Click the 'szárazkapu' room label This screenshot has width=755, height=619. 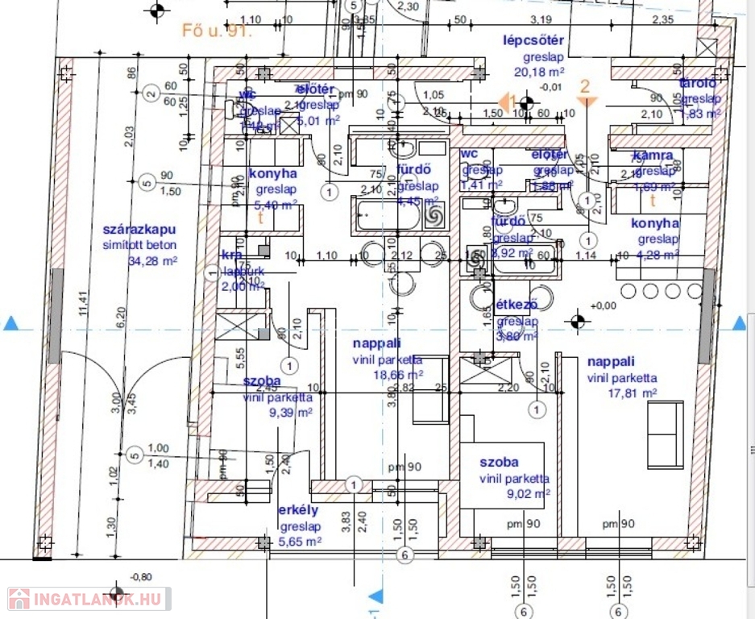coord(139,230)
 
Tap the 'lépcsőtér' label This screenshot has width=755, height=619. coord(533,41)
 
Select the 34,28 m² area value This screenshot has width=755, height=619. coord(151,261)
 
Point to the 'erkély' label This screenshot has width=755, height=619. coord(298,510)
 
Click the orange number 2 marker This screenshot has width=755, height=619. coord(586,85)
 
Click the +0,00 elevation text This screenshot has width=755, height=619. coord(603,305)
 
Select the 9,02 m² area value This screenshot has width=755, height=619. coord(527,494)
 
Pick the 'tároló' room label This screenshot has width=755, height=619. coord(698,83)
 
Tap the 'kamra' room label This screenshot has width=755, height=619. coord(653,156)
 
